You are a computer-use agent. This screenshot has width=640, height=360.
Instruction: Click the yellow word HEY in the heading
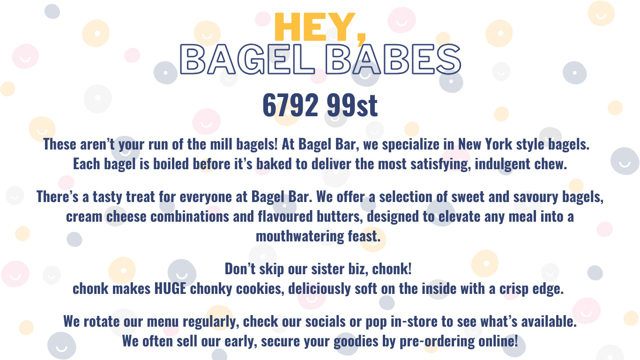click(x=315, y=27)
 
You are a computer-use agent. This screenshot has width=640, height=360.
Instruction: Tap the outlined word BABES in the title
click(x=393, y=60)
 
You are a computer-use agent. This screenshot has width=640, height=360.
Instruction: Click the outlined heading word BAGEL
click(x=247, y=60)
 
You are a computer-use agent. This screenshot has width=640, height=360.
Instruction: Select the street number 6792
click(x=290, y=105)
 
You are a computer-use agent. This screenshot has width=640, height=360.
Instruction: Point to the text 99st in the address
click(x=352, y=105)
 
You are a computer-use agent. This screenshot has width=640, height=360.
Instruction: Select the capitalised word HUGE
click(x=170, y=288)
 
